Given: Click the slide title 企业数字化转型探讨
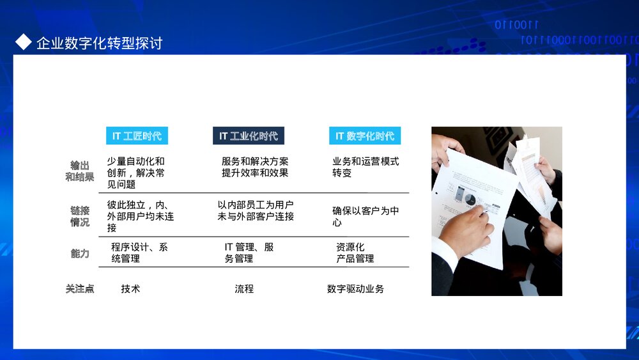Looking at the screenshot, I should pos(99,43).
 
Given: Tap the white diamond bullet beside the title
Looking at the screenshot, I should pos(24,42).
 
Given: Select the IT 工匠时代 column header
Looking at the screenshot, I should pos(137,136).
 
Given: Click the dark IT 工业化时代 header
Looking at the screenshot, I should pos(249,136).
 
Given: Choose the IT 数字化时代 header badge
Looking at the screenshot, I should pos(365,136).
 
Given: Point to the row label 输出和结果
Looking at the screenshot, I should pos(80,171).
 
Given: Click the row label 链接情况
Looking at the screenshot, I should pos(80,216).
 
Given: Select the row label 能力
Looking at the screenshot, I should pos(80,253).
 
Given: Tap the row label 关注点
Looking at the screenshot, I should pos(80,289).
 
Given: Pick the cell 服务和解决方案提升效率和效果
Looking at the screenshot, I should pos(255,167).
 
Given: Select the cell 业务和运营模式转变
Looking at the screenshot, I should pos(365,167).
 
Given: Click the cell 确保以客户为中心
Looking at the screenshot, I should pos(365,216).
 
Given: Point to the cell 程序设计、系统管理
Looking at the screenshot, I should pos(139,253).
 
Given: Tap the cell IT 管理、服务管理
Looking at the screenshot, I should pos(249,253).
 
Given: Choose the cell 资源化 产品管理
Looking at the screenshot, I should pos(355,253).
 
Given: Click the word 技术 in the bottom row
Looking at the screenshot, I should pos(130,289).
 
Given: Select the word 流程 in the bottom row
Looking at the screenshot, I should pos(244,289).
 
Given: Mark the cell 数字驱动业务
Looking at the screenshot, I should pos(355,289).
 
